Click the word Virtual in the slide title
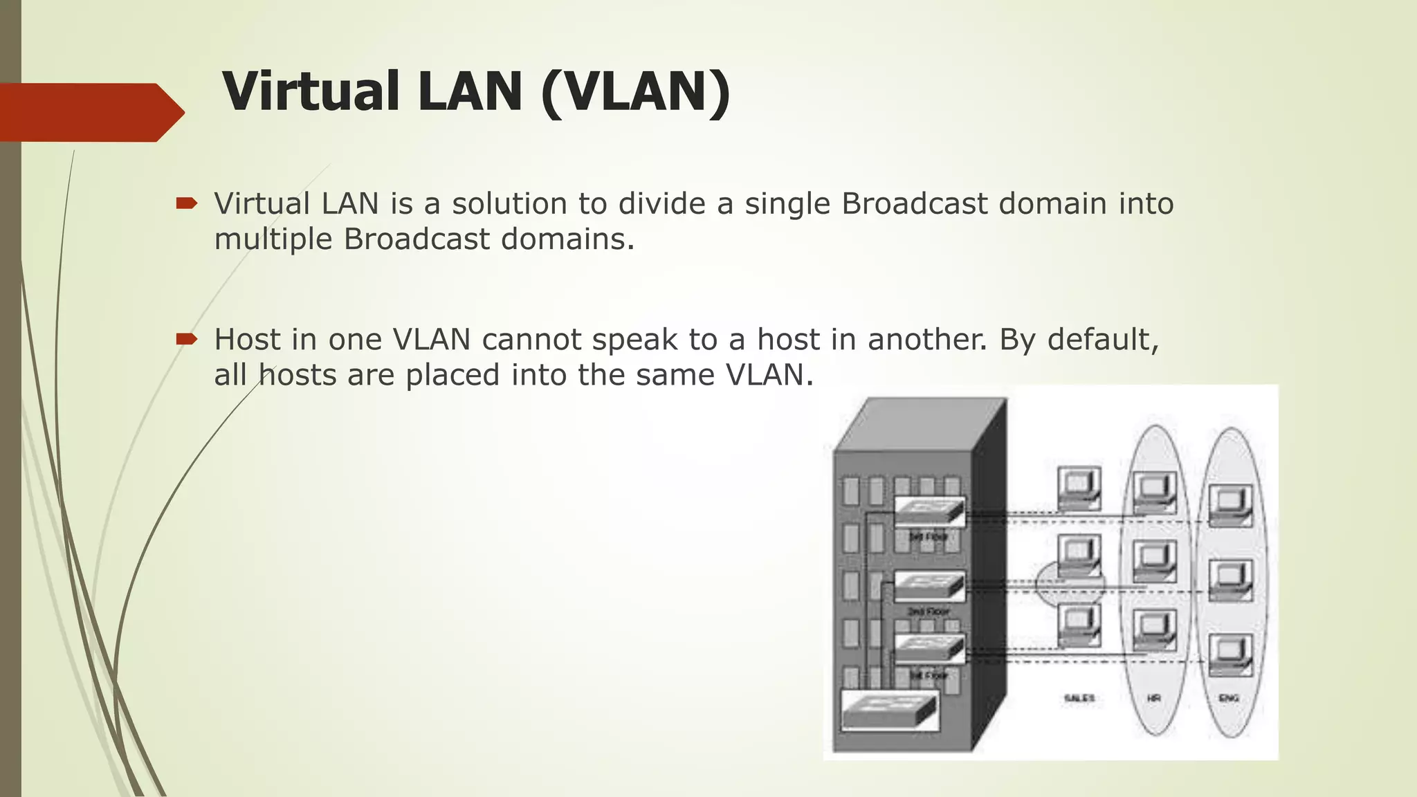click(310, 91)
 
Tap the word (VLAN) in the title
click(635, 91)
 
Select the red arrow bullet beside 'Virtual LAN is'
click(187, 203)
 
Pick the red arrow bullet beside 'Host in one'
click(187, 339)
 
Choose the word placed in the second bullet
click(452, 375)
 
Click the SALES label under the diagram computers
click(1079, 698)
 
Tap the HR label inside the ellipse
click(1154, 698)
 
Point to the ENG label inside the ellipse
click(1229, 698)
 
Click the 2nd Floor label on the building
click(928, 612)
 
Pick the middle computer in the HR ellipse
click(1154, 560)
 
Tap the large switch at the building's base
click(890, 710)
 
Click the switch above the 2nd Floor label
click(929, 585)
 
